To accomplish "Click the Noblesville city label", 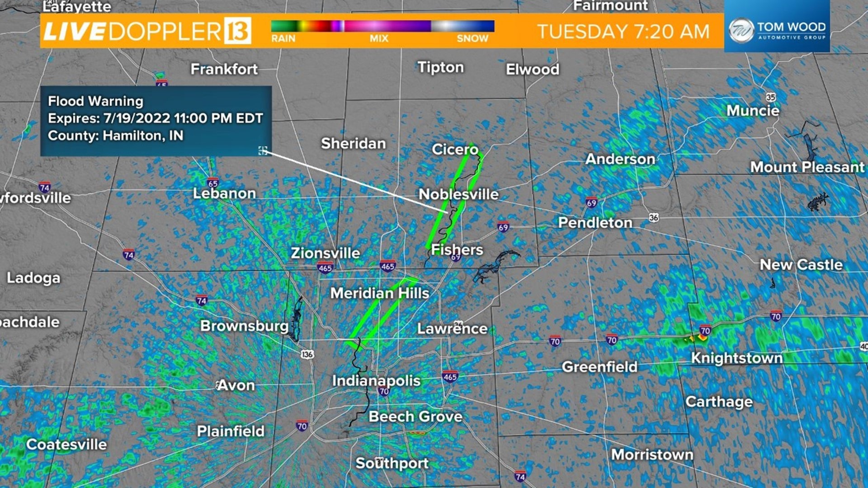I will tap(458, 194).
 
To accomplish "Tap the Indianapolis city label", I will tap(376, 380).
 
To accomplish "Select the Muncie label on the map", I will tap(753, 111).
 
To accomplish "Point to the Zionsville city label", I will tap(325, 253).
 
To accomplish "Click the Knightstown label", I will tap(737, 358).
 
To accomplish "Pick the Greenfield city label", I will tap(599, 366).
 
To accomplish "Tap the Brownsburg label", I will tap(244, 326).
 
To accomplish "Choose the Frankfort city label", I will tap(224, 69).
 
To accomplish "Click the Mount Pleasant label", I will tap(807, 167).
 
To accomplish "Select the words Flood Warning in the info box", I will tap(95, 101).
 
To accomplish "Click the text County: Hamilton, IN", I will tap(115, 136).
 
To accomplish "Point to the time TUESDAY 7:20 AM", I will tap(623, 32).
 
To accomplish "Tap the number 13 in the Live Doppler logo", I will tap(237, 31).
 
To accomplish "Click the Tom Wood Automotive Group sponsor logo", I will tap(777, 31).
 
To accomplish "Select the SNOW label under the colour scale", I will tap(472, 39).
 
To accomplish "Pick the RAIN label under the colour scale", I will tap(283, 39).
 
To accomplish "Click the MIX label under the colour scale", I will tap(379, 39).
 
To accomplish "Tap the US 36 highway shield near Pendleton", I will tap(654, 218).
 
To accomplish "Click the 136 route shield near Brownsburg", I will tap(307, 354).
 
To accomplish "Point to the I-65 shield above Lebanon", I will tap(213, 183).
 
